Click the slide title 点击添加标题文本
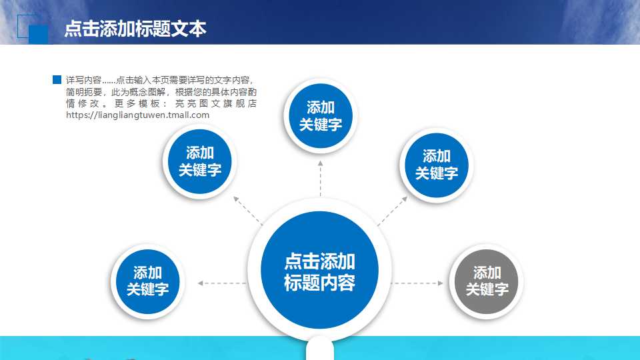coord(135,29)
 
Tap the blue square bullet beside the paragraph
coord(57,80)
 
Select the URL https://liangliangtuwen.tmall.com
coord(138,115)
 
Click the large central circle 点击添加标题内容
coord(320,270)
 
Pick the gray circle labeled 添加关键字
coord(487,281)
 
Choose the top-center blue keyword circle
coord(321,115)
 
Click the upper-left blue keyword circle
coord(200,161)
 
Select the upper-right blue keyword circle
coord(437,165)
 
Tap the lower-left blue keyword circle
coord(148,281)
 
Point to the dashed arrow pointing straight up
coord(320,178)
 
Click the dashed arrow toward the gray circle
coord(417,283)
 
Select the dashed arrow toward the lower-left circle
coord(223,283)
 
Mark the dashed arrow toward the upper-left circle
coord(248,210)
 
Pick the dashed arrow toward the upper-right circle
coord(393,211)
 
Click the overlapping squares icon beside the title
coord(32,28)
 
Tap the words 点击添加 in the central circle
coord(320,261)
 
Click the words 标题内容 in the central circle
coord(320,282)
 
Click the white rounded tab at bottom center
coord(320,348)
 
